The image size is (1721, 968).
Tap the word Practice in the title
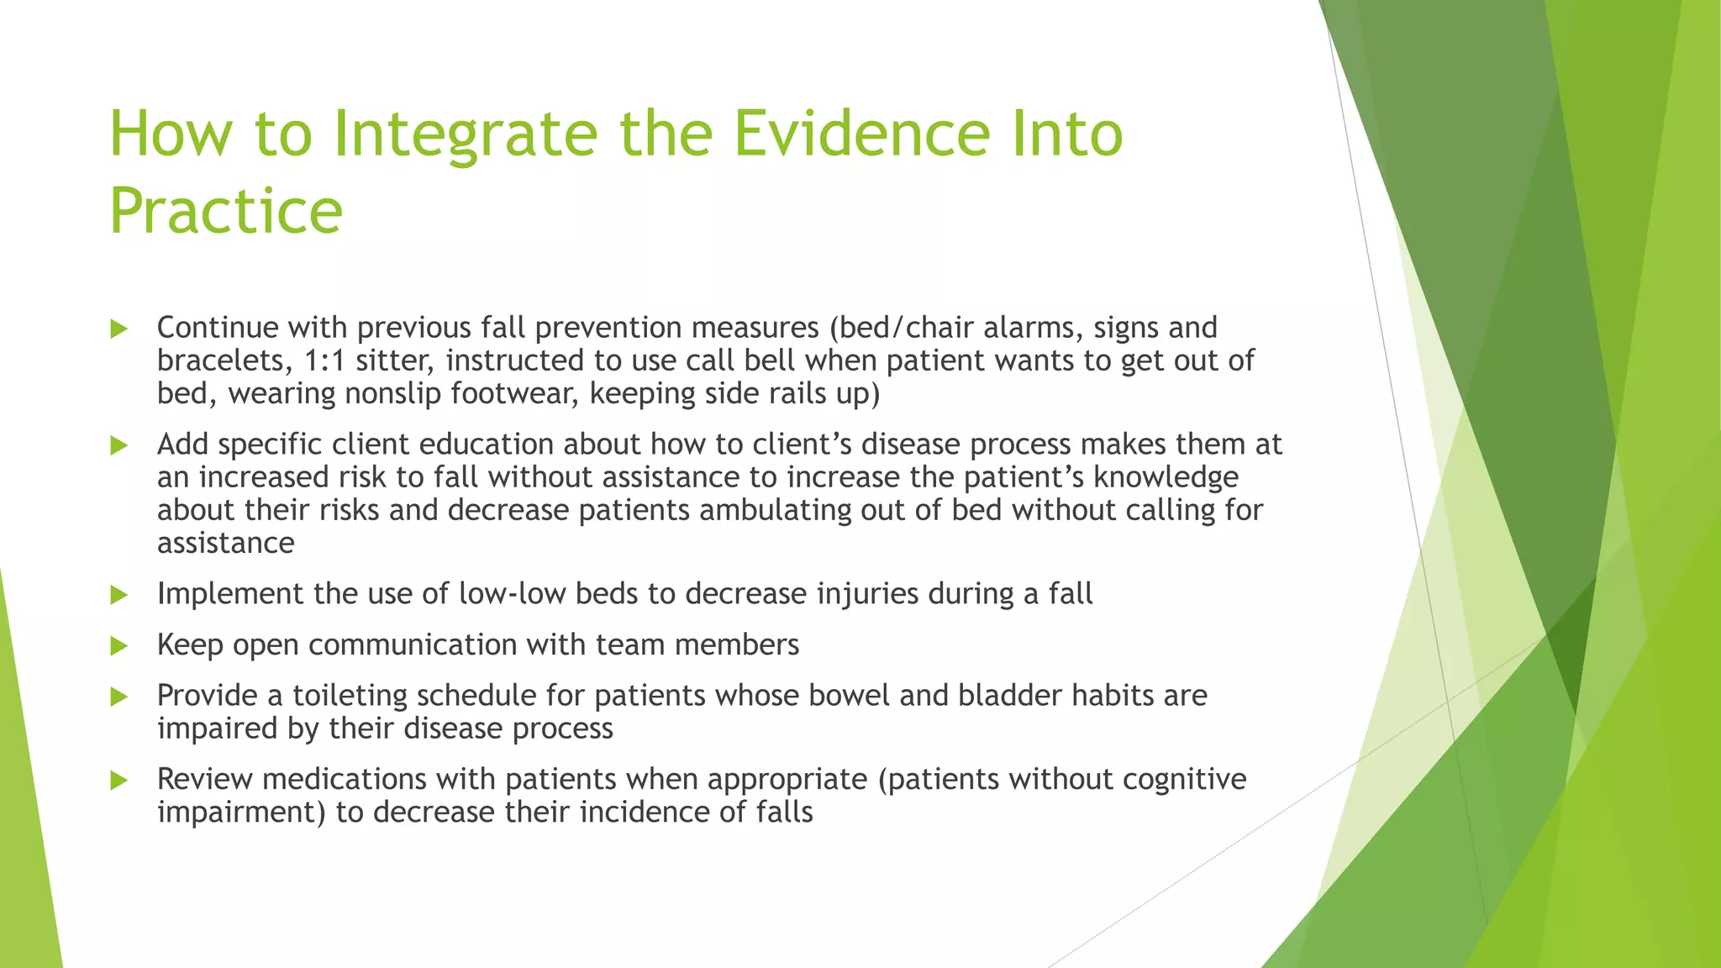[x=226, y=211]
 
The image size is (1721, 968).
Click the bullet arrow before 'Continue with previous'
[x=119, y=329]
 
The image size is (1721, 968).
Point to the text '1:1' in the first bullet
[x=324, y=360]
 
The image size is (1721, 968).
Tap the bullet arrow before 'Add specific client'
[x=119, y=445]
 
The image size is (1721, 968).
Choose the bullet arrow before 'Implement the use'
[x=119, y=596]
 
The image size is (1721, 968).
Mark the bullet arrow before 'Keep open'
[x=119, y=646]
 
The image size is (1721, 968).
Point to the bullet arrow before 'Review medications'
[x=119, y=781]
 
